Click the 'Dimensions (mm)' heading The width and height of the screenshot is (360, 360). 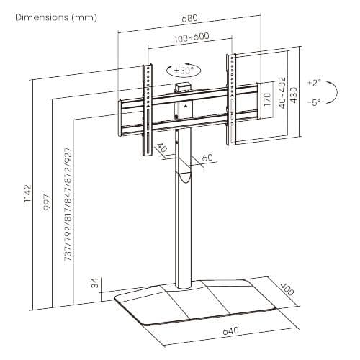56,17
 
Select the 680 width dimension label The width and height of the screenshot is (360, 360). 189,18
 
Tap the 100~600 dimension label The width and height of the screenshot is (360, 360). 192,37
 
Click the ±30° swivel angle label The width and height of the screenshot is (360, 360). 184,71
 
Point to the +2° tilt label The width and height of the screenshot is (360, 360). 314,83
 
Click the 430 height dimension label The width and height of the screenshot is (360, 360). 294,95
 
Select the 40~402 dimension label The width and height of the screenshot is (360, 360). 283,93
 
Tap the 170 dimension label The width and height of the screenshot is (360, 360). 267,99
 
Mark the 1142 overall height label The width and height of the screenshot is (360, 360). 28,193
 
